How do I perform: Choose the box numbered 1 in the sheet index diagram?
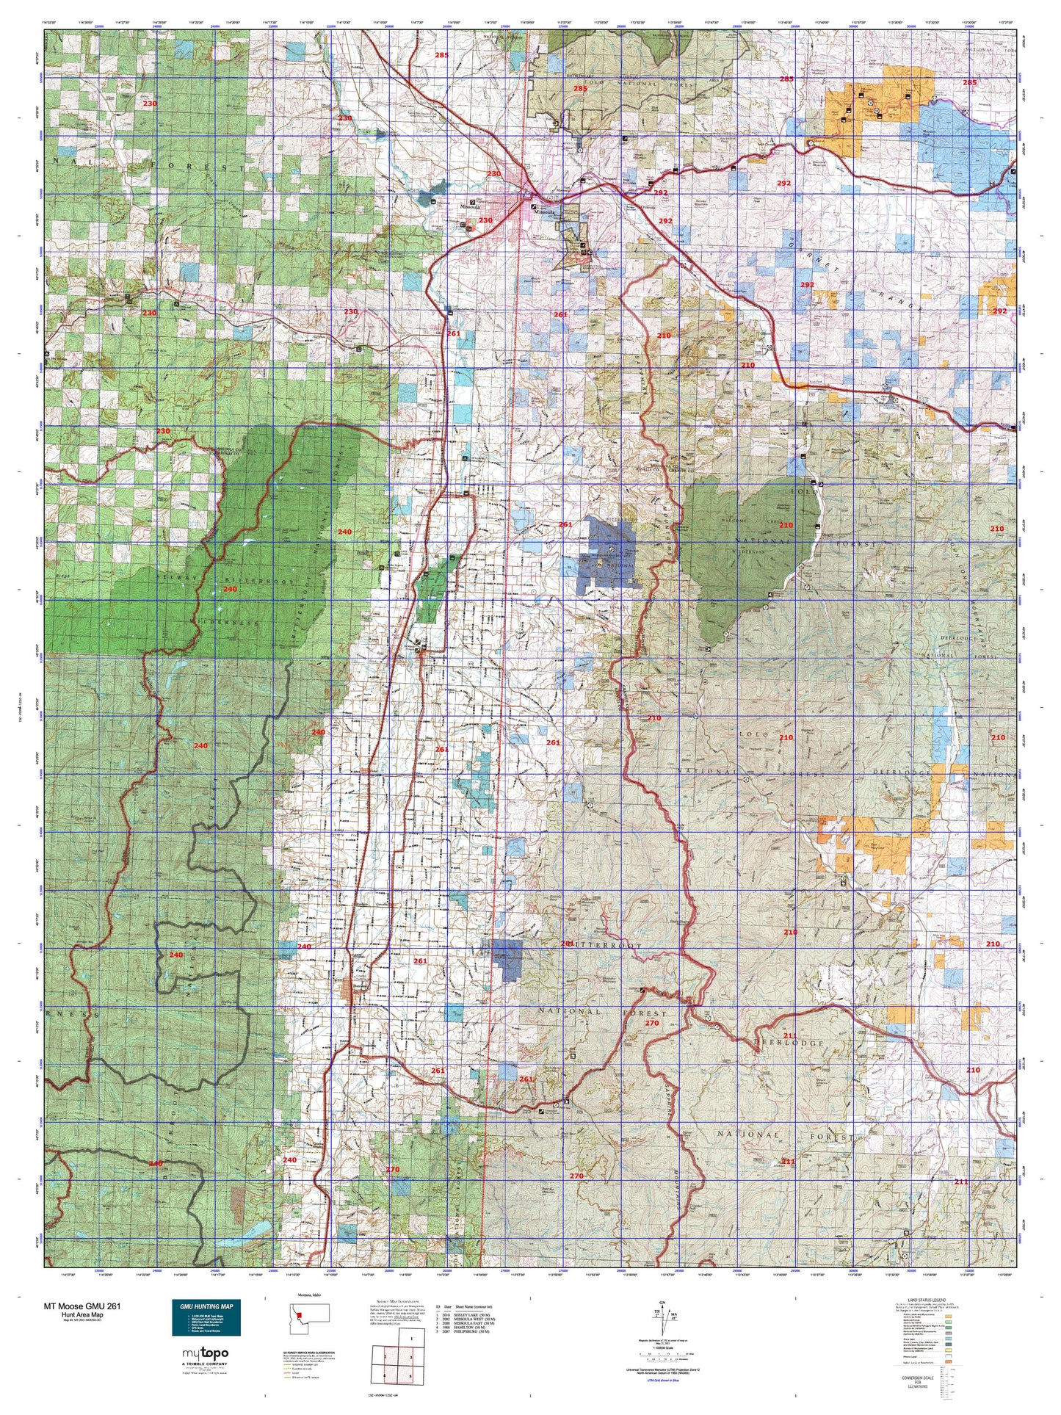click(x=412, y=1339)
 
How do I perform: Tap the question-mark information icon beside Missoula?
click(x=471, y=203)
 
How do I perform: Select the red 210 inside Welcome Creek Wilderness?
click(x=786, y=525)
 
